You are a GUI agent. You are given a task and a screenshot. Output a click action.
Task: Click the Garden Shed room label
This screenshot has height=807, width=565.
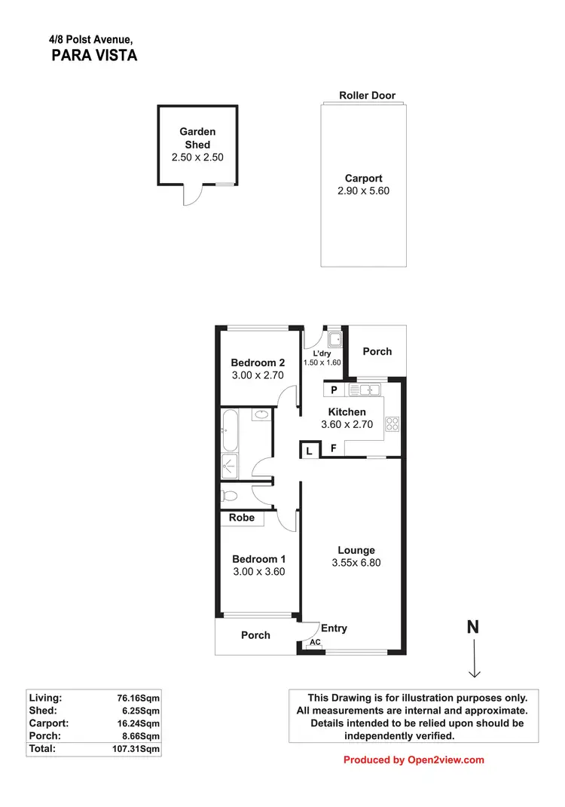click(x=197, y=138)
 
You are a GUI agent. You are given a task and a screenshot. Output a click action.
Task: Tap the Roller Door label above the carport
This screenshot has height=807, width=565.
click(x=367, y=96)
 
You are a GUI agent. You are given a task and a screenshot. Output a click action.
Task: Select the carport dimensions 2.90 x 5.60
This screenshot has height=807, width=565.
click(x=363, y=191)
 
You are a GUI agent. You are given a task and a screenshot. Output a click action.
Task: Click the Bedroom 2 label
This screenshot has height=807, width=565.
click(x=258, y=362)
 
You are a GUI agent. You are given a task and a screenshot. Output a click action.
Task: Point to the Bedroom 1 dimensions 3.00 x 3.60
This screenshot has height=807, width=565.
click(x=258, y=573)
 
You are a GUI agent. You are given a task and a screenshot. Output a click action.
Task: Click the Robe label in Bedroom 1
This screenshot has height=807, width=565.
click(x=242, y=518)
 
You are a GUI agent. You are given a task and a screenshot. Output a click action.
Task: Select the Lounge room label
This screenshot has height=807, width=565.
click(x=356, y=550)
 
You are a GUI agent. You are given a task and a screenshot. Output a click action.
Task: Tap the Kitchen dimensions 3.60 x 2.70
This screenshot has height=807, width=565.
click(x=347, y=425)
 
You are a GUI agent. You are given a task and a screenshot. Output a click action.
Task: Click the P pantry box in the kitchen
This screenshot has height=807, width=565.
click(x=334, y=390)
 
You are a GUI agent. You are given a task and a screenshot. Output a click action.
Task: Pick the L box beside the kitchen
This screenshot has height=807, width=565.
click(x=309, y=451)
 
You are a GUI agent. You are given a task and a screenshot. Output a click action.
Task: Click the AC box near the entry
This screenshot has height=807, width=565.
click(x=315, y=643)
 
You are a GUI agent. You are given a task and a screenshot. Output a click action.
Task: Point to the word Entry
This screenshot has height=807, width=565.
click(x=334, y=628)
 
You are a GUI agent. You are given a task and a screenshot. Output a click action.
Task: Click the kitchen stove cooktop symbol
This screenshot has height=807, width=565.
click(x=392, y=424)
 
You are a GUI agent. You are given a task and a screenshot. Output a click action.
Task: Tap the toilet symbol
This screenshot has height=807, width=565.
click(x=231, y=496)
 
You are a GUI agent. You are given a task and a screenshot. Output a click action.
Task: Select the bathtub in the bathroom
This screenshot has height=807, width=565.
click(x=230, y=430)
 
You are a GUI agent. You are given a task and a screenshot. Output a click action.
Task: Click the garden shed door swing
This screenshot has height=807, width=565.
click(x=194, y=195)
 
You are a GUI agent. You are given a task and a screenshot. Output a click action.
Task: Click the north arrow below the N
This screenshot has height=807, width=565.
click(x=475, y=659)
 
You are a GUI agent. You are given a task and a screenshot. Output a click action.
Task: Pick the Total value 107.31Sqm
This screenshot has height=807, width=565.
click(x=136, y=750)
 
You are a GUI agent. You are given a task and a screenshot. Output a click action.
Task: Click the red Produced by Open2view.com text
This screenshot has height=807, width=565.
click(x=414, y=760)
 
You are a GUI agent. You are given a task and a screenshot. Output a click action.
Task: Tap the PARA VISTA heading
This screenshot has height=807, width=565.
click(x=94, y=55)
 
